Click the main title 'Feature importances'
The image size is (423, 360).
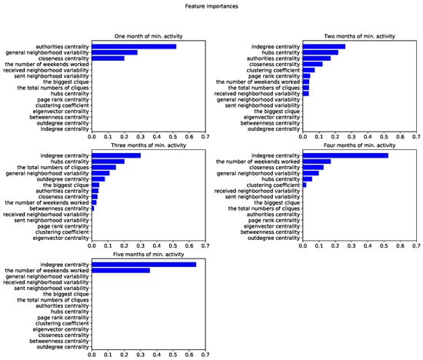tap(211, 6)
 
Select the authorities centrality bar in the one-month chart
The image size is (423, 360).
tap(134, 46)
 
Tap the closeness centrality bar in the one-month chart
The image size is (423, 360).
tap(108, 58)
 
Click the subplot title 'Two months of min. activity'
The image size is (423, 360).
tap(359, 37)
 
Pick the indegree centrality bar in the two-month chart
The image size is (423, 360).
tap(324, 46)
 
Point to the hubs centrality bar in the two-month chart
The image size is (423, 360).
tap(320, 52)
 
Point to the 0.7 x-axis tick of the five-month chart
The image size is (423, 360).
tap(205, 355)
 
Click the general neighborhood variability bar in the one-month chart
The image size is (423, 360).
tap(115, 52)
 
